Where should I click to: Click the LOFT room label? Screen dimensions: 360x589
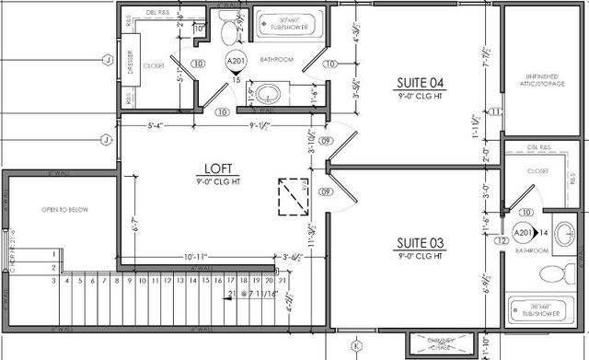click(x=218, y=168)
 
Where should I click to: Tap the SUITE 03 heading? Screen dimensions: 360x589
click(x=421, y=242)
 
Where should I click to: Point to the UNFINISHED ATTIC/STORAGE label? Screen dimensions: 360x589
click(x=545, y=83)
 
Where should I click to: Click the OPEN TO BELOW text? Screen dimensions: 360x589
click(x=64, y=210)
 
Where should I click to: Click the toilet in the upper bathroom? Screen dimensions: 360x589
click(x=230, y=29)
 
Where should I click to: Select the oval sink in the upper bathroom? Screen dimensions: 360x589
click(x=268, y=93)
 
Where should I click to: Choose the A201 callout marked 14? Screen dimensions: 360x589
click(x=524, y=232)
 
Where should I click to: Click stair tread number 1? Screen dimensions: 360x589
click(x=54, y=252)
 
